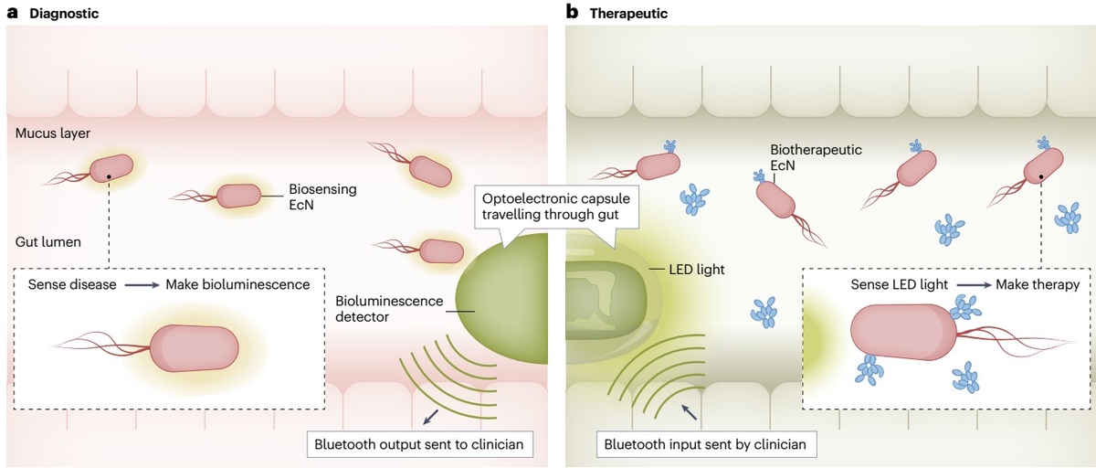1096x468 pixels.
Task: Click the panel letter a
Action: (x=13, y=13)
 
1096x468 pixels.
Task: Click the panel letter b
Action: (x=573, y=13)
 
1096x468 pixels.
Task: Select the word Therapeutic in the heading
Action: (x=629, y=14)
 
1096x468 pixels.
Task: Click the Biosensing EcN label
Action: (x=322, y=197)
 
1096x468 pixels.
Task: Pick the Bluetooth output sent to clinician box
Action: (x=419, y=445)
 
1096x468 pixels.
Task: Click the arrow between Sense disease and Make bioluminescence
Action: (x=141, y=285)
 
